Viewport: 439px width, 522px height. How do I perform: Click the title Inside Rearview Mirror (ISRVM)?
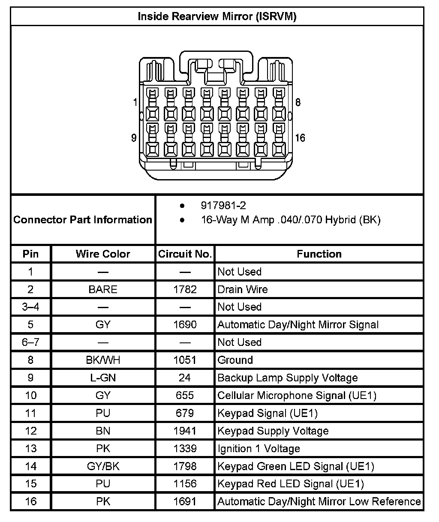pos(217,17)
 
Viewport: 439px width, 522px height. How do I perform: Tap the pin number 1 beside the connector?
pos(135,102)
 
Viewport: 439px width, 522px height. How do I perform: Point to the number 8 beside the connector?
pos(298,102)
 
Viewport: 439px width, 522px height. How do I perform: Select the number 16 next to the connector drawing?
pos(300,138)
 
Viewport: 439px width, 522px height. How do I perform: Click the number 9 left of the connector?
pos(134,138)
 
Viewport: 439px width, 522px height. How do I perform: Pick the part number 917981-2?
pos(223,206)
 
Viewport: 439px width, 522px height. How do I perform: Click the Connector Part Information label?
pos(83,220)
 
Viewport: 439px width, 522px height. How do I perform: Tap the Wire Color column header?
pos(103,254)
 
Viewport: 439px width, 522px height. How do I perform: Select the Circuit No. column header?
pos(185,254)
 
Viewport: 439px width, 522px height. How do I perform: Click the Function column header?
pos(319,254)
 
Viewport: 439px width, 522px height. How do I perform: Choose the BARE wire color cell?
pos(103,289)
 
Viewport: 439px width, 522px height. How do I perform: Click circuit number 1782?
pos(185,289)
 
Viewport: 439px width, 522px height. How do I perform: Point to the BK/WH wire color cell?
pos(103,360)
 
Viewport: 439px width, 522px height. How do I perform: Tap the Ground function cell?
pos(235,360)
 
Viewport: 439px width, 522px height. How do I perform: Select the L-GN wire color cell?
pos(103,378)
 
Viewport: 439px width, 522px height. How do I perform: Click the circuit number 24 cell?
pos(185,378)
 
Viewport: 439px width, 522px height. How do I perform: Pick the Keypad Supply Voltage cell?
pos(273,431)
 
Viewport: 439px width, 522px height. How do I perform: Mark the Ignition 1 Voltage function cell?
pos(259,449)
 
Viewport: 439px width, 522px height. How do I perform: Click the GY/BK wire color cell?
pos(103,466)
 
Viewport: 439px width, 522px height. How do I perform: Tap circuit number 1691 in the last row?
pos(185,501)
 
